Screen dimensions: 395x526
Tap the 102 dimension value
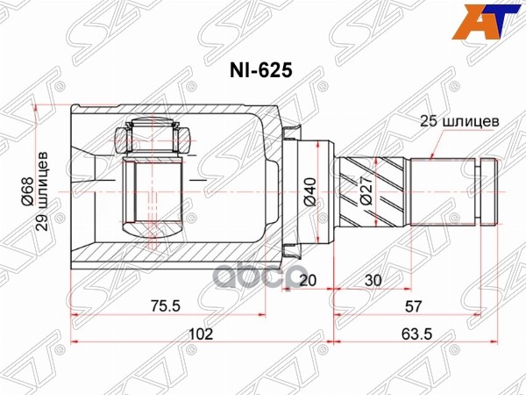pos(202,334)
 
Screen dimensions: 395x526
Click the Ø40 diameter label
pos(308,189)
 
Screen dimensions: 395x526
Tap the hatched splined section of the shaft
pos(373,189)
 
